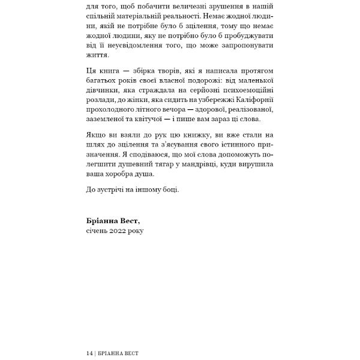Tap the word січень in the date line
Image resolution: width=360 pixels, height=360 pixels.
[x=98, y=230]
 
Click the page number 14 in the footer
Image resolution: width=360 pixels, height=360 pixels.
[x=89, y=353]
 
